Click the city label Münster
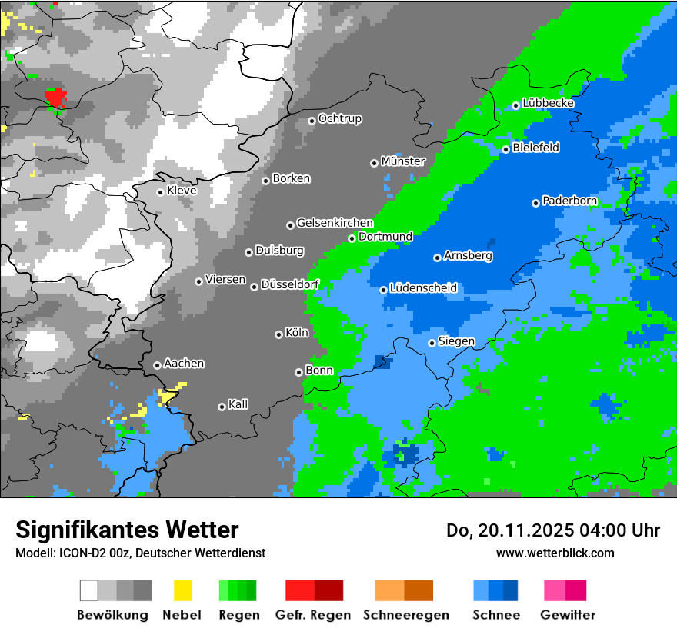click(x=403, y=161)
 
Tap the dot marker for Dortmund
click(x=352, y=238)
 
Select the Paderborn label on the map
click(x=569, y=201)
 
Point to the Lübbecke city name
click(x=548, y=103)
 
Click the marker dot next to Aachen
click(x=157, y=365)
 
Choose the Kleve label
click(x=182, y=191)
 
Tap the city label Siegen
click(x=456, y=341)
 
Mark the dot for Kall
click(x=222, y=407)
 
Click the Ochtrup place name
click(x=339, y=118)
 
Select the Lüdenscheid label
click(x=423, y=288)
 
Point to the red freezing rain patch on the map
click(x=55, y=98)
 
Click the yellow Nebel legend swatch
click(x=183, y=590)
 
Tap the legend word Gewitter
click(x=567, y=615)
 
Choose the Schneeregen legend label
click(x=406, y=615)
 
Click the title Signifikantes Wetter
click(x=127, y=530)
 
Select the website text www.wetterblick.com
click(x=555, y=553)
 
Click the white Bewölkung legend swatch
click(x=89, y=590)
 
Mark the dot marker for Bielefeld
click(x=505, y=149)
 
